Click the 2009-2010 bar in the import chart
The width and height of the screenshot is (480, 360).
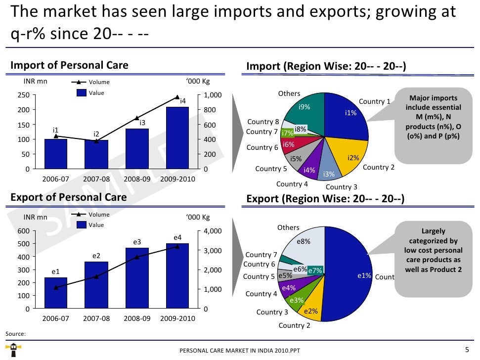point(177,138)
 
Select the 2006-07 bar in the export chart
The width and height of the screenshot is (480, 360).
point(56,293)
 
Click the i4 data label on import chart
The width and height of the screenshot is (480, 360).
point(182,101)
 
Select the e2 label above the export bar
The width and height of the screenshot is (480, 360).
point(96,256)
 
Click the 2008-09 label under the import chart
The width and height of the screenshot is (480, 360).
point(137,179)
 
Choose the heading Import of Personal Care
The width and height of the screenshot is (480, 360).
point(70,65)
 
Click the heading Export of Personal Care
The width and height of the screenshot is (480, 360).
point(69,197)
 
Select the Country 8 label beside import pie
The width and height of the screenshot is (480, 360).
point(263,122)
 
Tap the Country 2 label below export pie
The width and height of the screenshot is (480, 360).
point(294,325)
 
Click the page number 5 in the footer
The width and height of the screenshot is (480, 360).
point(467,350)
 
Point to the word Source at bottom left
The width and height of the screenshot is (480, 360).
point(15,334)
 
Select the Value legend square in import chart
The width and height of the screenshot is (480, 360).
point(81,92)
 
